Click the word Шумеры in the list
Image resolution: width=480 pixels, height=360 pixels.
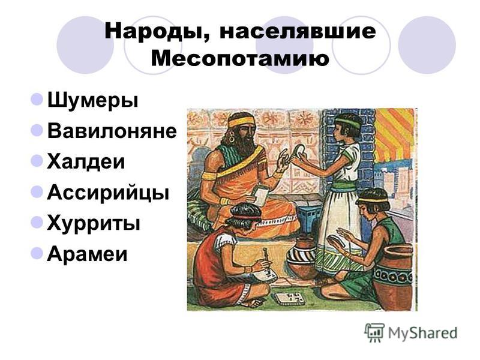pyautogui.click(x=93, y=101)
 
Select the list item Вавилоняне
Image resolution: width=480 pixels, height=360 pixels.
pyautogui.click(x=112, y=131)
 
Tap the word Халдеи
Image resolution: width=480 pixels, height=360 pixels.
pyautogui.click(x=86, y=161)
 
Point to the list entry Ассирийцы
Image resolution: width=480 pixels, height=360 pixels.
pyautogui.click(x=108, y=193)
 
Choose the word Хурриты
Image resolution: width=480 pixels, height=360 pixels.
pyautogui.click(x=94, y=223)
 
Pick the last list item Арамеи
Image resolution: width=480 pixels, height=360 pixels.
pyautogui.click(x=87, y=254)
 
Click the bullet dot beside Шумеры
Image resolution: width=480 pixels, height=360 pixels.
pyautogui.click(x=37, y=100)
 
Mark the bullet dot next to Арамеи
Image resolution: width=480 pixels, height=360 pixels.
pyautogui.click(x=37, y=253)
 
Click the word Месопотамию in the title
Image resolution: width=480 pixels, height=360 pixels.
pyautogui.click(x=240, y=58)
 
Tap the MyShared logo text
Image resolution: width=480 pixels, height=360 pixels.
pyautogui.click(x=422, y=333)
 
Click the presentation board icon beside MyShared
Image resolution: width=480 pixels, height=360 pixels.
pyautogui.click(x=374, y=332)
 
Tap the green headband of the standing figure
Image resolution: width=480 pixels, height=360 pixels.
pyautogui.click(x=348, y=124)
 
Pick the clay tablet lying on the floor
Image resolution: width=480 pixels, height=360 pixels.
pyautogui.click(x=290, y=298)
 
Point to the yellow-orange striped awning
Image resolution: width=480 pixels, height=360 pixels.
pyautogui.click(x=395, y=134)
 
